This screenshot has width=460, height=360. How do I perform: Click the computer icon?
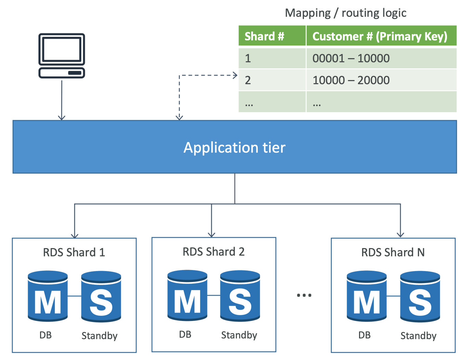tap(62, 55)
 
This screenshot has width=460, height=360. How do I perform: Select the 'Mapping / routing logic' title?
tap(346, 13)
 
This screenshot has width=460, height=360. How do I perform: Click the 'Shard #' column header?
tap(264, 36)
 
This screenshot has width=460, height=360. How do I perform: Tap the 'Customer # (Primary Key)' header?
tap(380, 36)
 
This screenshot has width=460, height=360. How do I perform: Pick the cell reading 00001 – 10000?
tap(351, 58)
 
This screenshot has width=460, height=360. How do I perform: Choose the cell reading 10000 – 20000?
tap(351, 80)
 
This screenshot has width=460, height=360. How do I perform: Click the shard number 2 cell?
tap(248, 80)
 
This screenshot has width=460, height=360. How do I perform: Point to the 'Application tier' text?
tap(234, 147)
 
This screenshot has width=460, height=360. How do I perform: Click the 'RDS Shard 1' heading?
tap(74, 253)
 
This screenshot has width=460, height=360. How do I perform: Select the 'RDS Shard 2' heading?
tap(214, 252)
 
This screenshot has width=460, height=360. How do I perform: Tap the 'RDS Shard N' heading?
tap(393, 253)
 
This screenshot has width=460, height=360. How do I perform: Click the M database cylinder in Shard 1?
tap(48, 296)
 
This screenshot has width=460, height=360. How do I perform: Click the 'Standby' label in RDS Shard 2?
tap(239, 335)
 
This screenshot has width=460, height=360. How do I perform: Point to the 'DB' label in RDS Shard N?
tap(365, 335)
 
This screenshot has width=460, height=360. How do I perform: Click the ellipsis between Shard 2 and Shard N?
tap(304, 295)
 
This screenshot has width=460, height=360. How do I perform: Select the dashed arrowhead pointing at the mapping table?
tap(235, 75)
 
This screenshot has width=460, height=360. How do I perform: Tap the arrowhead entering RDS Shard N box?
tap(400, 235)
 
